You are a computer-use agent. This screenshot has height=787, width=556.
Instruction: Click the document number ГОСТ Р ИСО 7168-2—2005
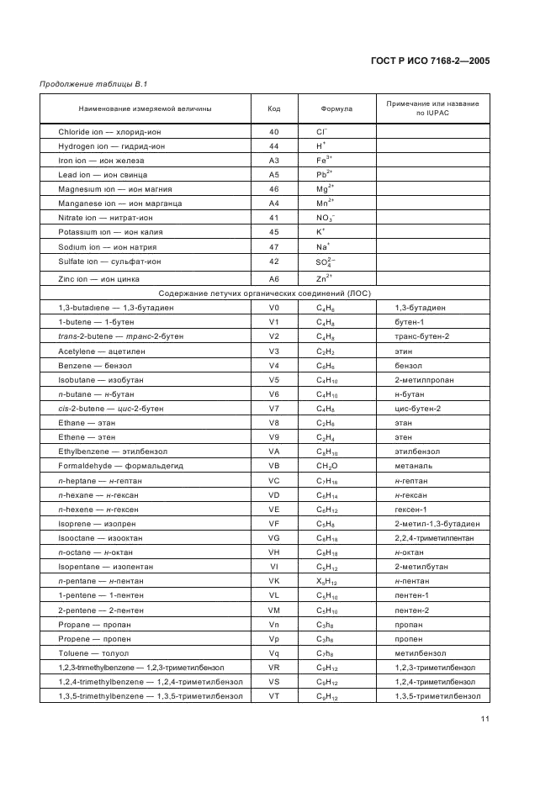click(431, 61)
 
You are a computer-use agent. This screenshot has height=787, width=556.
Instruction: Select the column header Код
click(273, 109)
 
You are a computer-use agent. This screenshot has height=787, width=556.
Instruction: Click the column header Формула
click(336, 109)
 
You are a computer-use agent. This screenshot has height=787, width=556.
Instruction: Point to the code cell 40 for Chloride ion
click(273, 132)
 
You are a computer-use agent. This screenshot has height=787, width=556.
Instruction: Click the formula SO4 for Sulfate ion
click(326, 262)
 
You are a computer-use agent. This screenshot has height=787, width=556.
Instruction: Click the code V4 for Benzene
click(273, 366)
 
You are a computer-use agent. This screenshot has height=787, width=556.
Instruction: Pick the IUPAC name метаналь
click(410, 466)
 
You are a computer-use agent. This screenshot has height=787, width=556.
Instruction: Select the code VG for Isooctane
click(273, 538)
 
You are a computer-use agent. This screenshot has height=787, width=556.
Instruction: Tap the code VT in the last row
click(273, 696)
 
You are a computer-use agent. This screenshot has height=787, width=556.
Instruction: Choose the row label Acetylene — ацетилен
click(97, 351)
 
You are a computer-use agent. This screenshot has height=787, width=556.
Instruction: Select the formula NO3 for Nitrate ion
click(326, 218)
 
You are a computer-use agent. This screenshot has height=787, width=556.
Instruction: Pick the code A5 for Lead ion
click(273, 175)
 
